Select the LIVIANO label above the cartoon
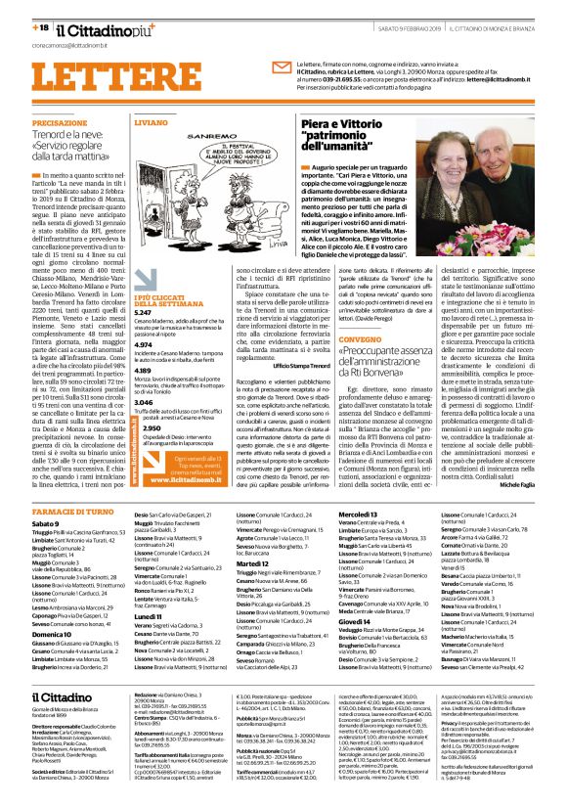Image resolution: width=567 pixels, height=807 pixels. point(124,124)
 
